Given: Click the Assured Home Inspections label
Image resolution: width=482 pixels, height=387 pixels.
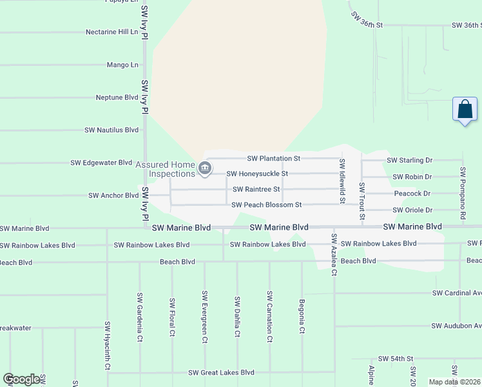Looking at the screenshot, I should pos(165,169).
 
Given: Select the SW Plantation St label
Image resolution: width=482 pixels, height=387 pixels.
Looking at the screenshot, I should pos(274,158).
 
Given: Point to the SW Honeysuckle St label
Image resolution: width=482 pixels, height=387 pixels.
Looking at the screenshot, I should pos(256,174).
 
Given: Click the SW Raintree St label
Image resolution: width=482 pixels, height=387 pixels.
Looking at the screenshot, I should pos(256,189).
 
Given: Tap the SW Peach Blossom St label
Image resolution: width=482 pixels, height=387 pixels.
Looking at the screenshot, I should pos(267,205).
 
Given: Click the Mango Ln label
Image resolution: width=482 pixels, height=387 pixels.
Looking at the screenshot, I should pos(122,64).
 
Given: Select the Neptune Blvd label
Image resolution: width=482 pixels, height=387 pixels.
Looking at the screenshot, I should pos(117,97).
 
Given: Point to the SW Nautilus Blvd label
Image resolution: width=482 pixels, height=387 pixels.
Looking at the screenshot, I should pos(111,130).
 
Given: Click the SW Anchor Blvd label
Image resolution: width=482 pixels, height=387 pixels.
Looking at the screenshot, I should pos(113,195).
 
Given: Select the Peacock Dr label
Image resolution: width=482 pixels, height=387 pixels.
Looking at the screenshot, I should pos(412,193).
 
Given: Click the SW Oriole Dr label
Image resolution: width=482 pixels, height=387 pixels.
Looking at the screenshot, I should pos(412,210).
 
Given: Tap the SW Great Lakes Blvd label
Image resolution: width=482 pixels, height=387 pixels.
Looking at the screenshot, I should pos(221,373).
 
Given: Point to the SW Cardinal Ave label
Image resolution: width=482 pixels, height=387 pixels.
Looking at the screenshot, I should pos(456,293).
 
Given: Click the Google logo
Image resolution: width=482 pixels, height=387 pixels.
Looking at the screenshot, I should pos(22,379).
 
